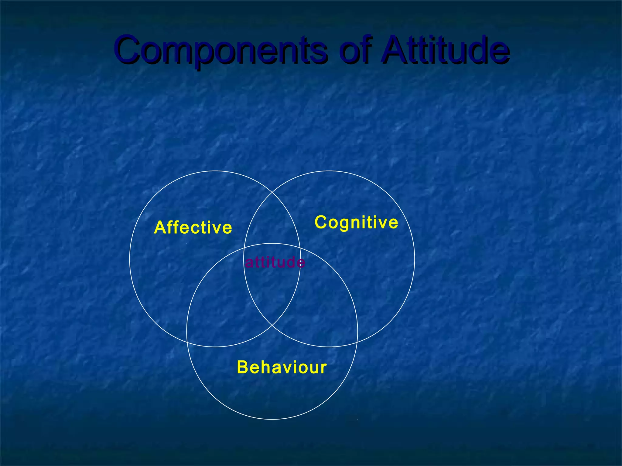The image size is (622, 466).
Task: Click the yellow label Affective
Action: coord(193,228)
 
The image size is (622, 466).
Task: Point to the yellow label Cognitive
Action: coord(356,222)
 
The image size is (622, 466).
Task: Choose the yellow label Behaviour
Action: coord(282,367)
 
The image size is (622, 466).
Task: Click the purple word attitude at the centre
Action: coord(275,262)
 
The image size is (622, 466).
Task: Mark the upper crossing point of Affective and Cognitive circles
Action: coord(272,193)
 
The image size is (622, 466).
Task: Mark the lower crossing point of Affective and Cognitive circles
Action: coord(272,325)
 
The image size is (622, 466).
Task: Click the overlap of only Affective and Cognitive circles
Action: coord(272,221)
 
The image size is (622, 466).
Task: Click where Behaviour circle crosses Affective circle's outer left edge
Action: coord(187,342)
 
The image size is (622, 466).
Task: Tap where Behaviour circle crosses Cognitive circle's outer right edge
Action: coord(357,342)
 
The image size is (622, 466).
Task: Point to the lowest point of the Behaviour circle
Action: coord(272,419)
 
